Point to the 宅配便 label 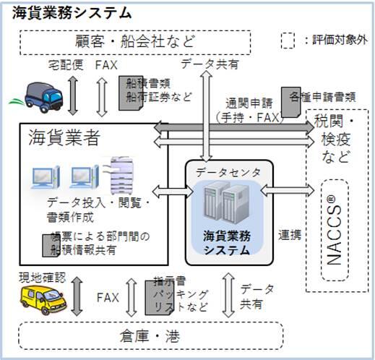point(67,66)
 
